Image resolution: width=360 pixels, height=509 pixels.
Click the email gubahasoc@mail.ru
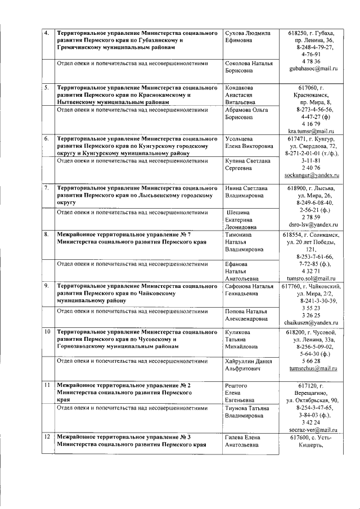[313, 69]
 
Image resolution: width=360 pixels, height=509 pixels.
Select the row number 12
[47, 437]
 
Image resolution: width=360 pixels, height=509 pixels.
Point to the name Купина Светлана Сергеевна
[247, 164]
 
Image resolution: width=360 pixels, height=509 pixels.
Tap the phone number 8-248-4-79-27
[310, 47]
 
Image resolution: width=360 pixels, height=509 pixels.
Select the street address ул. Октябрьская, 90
[310, 400]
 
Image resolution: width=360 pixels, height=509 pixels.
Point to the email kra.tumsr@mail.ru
[310, 130]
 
